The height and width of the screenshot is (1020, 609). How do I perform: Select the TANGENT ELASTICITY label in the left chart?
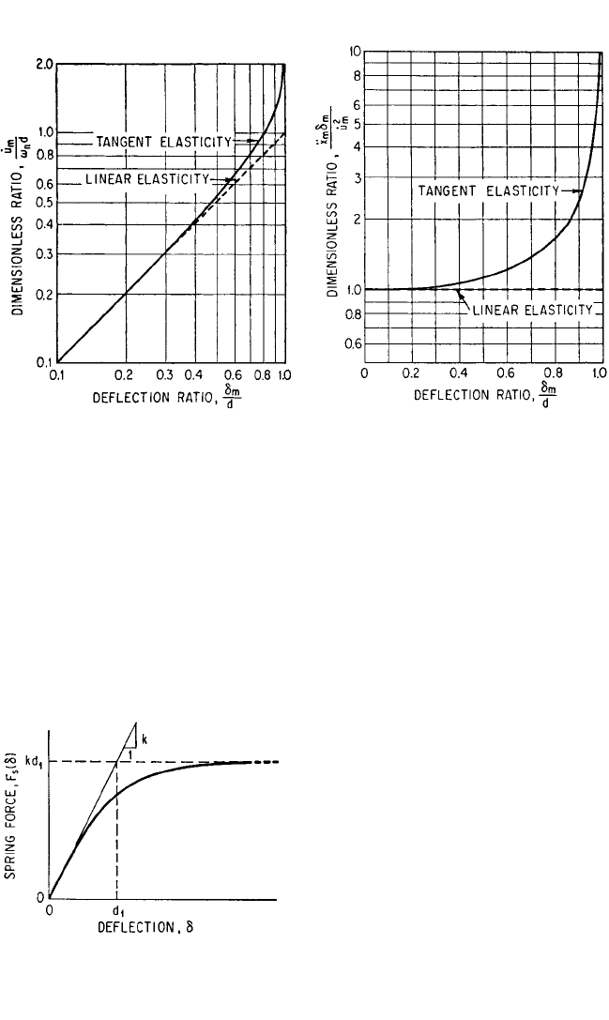164,142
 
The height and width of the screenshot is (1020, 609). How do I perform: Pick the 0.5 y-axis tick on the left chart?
43,203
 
